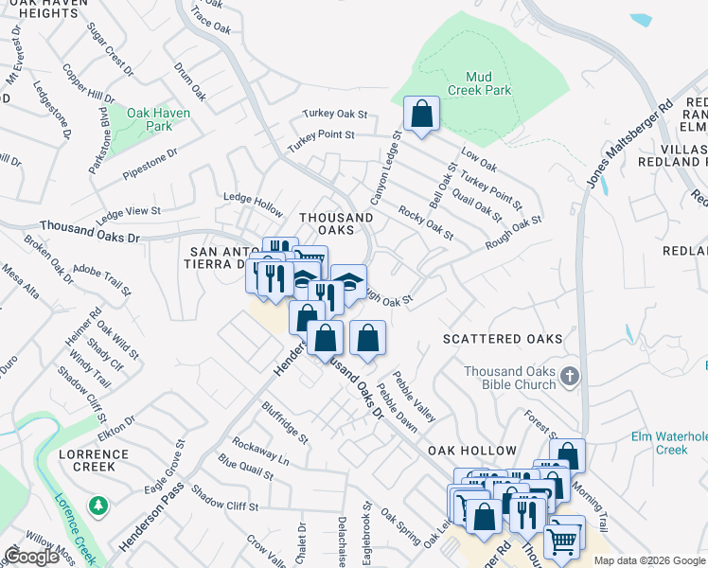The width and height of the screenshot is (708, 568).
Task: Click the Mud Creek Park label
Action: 488,83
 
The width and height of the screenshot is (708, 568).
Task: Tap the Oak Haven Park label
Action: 160,119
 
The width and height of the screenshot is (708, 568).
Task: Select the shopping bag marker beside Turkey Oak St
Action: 421,114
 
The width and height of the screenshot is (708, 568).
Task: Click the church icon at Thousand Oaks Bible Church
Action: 569,376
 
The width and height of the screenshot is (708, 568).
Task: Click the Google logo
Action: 31,557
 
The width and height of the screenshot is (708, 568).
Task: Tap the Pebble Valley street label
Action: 418,397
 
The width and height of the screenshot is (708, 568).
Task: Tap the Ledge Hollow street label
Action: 253,203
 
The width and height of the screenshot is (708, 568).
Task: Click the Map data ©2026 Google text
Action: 649,560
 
